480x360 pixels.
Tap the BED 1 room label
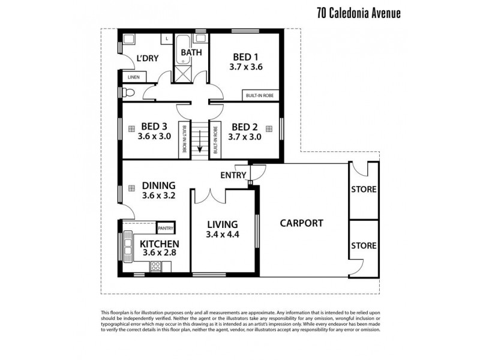(246, 58)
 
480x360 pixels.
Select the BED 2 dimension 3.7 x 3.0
(245, 137)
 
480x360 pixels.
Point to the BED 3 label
(154, 127)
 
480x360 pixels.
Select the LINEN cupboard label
(133, 77)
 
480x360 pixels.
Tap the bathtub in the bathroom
(182, 45)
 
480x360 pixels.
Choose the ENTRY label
(233, 175)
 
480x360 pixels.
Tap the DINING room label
(159, 185)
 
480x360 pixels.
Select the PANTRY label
(165, 228)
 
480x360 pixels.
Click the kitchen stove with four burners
(155, 266)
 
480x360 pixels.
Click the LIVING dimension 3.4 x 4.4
(222, 235)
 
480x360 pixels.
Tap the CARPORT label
(301, 223)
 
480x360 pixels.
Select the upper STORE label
(364, 190)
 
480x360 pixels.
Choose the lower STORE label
(364, 245)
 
